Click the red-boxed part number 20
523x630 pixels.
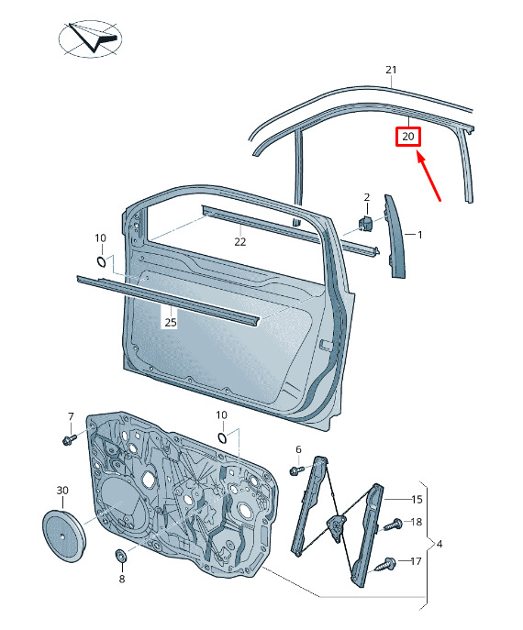pyautogui.click(x=407, y=137)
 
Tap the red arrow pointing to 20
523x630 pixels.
pyautogui.click(x=428, y=175)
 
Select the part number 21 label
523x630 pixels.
pyautogui.click(x=391, y=70)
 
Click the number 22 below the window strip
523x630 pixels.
pyautogui.click(x=240, y=241)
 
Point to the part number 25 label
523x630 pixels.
pyautogui.click(x=171, y=322)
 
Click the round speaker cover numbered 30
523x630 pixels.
pyautogui.click(x=64, y=536)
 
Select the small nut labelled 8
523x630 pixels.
pyautogui.click(x=120, y=556)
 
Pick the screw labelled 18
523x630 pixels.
pyautogui.click(x=394, y=525)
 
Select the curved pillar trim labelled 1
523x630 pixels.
pyautogui.click(x=395, y=237)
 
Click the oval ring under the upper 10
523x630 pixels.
pyautogui.click(x=101, y=261)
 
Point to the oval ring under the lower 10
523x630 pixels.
pyautogui.click(x=222, y=437)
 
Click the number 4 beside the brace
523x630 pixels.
pyautogui.click(x=440, y=544)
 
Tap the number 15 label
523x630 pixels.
pyautogui.click(x=417, y=500)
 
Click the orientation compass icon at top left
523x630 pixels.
pyautogui.click(x=90, y=38)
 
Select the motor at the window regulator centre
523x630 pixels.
pyautogui.click(x=337, y=525)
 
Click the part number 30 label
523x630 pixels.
pyautogui.click(x=62, y=491)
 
